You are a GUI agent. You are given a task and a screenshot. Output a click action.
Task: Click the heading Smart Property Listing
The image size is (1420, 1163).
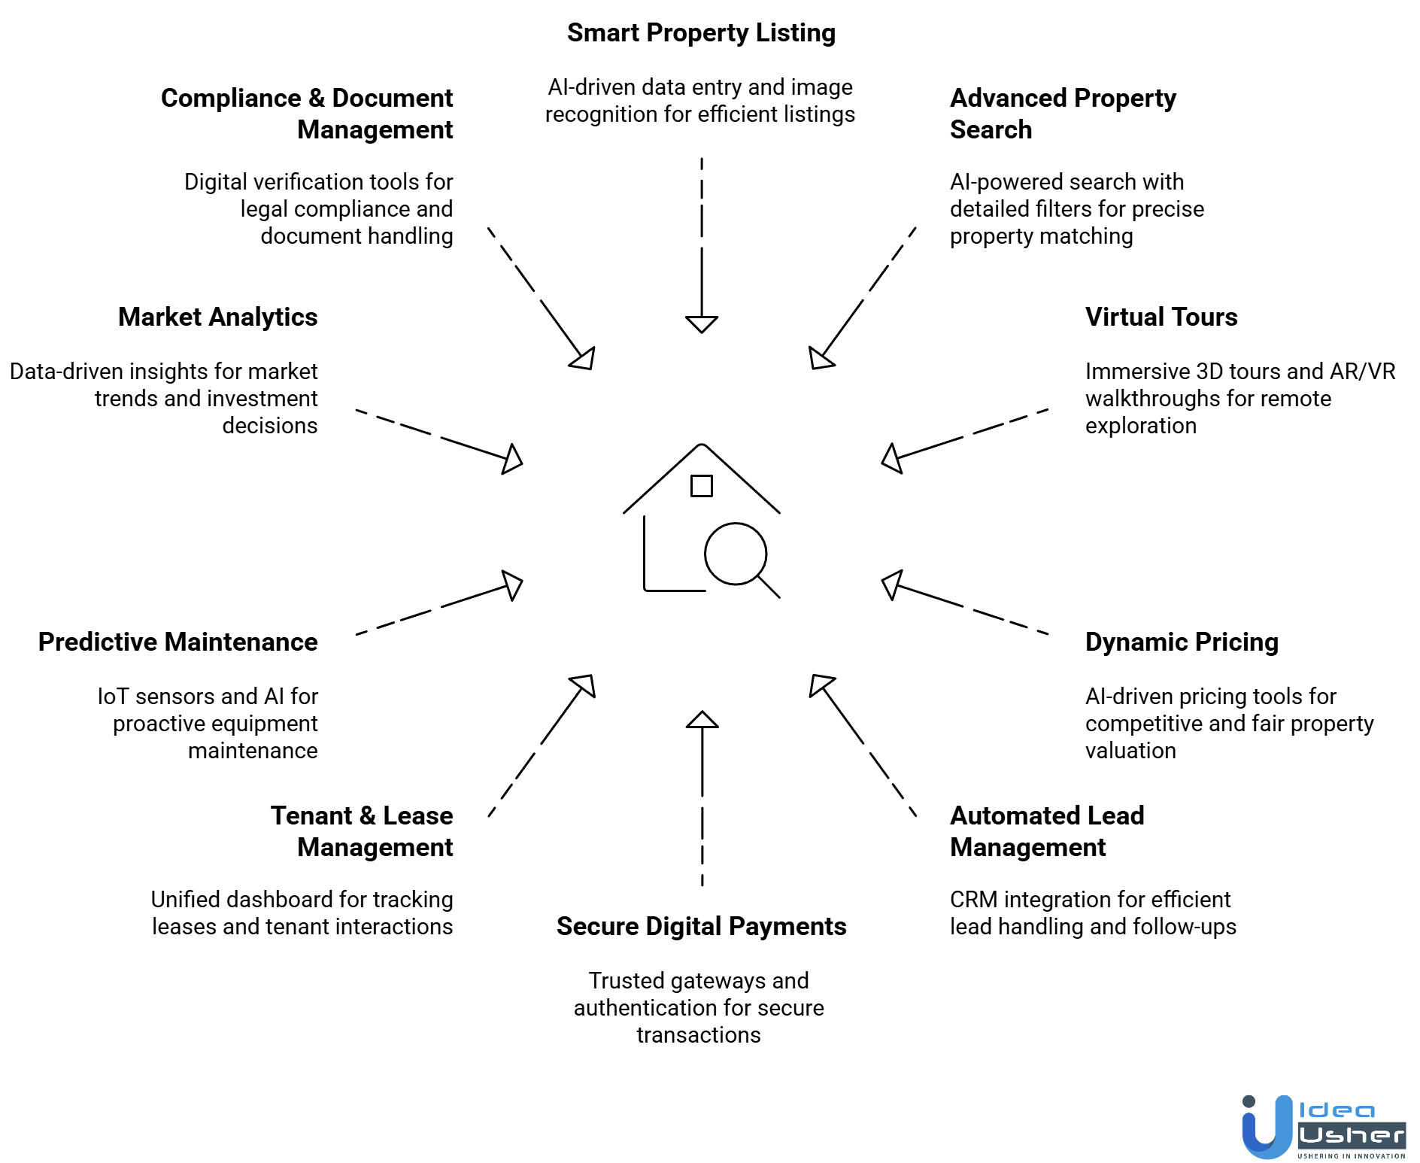coord(701,33)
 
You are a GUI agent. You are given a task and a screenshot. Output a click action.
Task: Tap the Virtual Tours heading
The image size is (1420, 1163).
coord(1161,317)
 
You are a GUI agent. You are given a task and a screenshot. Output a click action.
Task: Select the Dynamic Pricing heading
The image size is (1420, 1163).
coord(1181,642)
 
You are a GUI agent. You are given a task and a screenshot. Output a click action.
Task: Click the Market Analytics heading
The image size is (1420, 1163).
coord(217,317)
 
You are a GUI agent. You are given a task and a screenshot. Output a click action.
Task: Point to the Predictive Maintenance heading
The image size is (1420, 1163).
coord(177,642)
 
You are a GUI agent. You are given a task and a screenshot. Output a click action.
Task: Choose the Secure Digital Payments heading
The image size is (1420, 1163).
coord(701,927)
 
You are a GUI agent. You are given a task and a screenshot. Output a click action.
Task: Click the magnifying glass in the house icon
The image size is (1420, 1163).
coord(736,554)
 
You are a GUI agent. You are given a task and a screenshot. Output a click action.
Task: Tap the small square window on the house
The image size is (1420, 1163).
coord(701,486)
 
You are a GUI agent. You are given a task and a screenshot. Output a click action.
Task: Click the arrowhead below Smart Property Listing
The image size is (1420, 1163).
coord(702,324)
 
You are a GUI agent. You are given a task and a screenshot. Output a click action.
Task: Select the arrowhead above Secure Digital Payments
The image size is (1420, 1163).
coord(702,720)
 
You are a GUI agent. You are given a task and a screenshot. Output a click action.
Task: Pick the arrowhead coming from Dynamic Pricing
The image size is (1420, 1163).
coord(891,585)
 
